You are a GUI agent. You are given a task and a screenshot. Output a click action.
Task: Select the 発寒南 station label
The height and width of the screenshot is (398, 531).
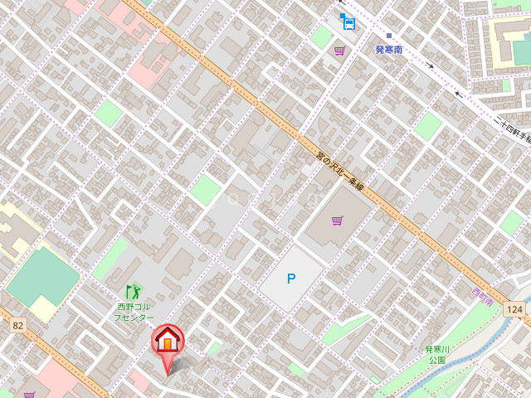tap(387, 50)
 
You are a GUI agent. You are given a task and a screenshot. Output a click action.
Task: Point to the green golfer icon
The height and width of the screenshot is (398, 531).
tap(134, 291)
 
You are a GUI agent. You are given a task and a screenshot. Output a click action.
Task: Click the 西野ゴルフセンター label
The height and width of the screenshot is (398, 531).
tap(134, 313)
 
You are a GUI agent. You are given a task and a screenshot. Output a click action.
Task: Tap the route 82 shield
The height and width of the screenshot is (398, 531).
tap(17, 326)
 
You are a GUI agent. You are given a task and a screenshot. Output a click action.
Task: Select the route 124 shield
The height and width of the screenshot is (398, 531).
tap(515, 308)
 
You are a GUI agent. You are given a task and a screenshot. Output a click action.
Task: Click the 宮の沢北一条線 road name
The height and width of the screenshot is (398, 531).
tap(341, 172)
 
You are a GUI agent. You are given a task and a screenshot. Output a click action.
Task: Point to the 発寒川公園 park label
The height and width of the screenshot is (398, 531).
tap(436, 355)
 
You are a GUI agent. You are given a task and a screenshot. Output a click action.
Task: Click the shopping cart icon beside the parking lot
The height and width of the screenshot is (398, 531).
tap(337, 221)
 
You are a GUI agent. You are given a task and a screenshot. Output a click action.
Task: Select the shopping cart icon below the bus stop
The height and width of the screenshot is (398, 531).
tap(339, 51)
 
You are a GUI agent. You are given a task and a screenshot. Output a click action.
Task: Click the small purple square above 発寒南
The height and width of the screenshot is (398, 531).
tap(387, 36)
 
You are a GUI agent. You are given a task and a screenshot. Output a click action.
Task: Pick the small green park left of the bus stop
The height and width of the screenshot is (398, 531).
tap(321, 36)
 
